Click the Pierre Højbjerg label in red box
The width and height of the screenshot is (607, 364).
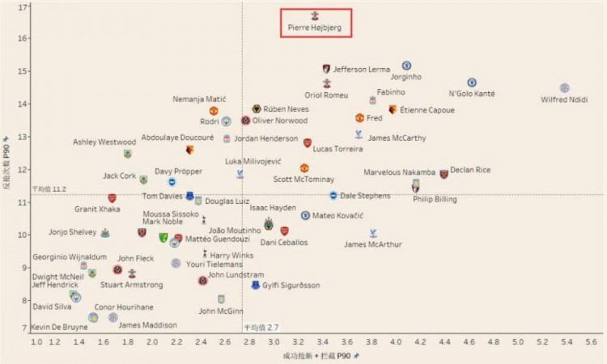click(316, 28)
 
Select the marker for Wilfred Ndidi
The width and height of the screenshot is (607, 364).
click(565, 88)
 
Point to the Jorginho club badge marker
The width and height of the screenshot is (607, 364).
click(407, 66)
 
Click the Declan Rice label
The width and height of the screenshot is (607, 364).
click(470, 171)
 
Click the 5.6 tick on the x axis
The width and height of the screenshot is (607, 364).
click(590, 343)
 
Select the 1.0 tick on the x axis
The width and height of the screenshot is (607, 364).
click(36, 343)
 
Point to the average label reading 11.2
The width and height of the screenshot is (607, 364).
click(49, 188)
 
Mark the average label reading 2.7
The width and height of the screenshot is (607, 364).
click(261, 327)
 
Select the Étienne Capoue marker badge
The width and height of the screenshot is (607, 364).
click(393, 109)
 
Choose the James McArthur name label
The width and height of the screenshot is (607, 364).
click(372, 244)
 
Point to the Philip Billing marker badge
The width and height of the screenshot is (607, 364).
click(416, 185)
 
